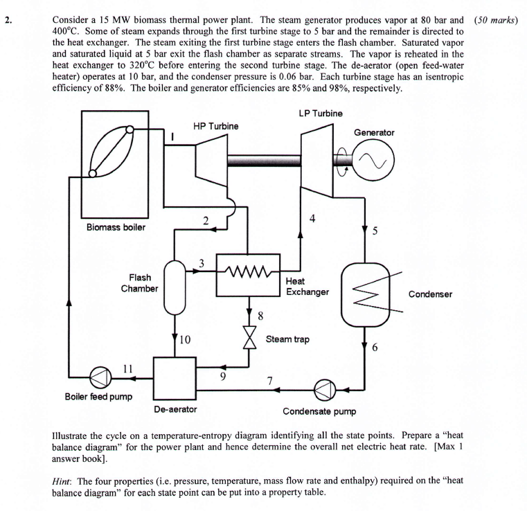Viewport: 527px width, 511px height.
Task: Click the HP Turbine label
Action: coord(215,126)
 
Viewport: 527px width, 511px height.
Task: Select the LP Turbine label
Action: coord(321,113)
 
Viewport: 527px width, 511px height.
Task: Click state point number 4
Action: coord(312,219)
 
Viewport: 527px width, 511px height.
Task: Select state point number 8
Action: coord(260,316)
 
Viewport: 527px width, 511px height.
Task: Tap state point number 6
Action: coord(375,348)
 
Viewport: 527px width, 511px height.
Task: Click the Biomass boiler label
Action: coord(116,228)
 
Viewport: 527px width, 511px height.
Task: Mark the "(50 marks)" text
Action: coord(496,19)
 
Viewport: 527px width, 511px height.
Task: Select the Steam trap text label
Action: coord(287,340)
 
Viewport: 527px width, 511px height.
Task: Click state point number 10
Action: coord(184,340)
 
